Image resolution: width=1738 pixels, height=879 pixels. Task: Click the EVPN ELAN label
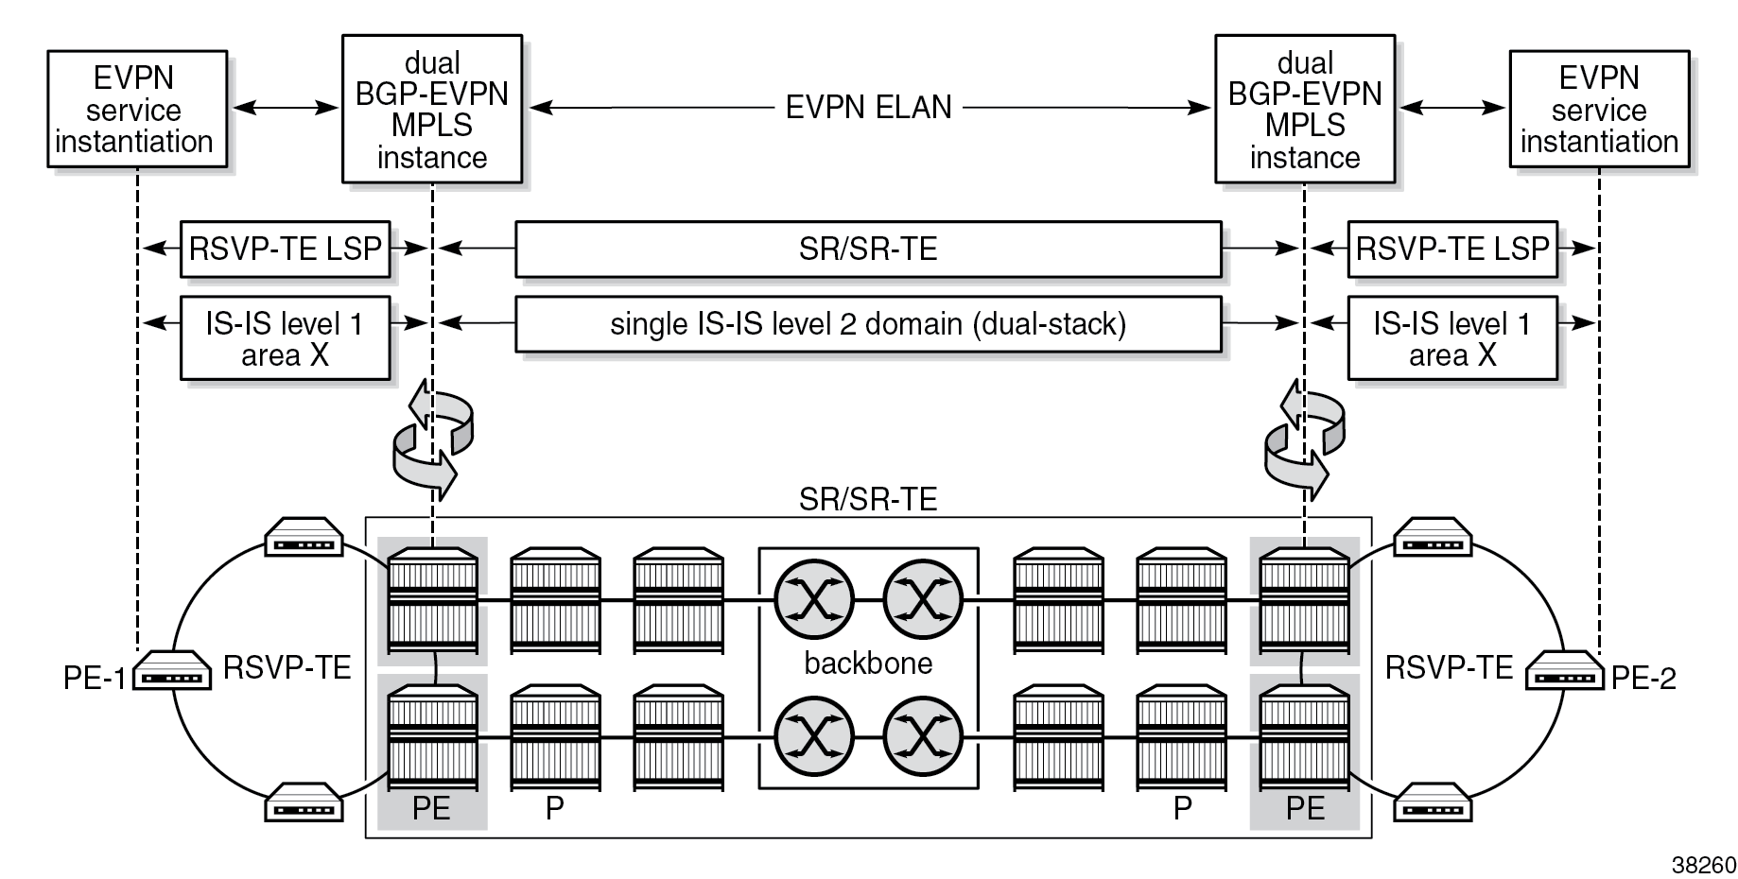click(x=868, y=108)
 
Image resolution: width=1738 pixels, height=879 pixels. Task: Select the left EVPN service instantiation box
click(x=137, y=110)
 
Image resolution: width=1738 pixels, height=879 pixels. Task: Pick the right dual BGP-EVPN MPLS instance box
click(x=1304, y=110)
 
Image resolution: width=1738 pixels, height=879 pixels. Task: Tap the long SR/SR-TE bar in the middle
click(x=868, y=250)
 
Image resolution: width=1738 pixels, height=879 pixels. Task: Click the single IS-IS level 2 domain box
click(x=868, y=324)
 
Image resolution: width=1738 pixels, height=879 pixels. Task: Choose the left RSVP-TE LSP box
click(x=285, y=250)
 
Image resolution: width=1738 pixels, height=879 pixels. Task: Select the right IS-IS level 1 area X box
click(x=1451, y=338)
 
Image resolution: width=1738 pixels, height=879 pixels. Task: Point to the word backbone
click(x=868, y=664)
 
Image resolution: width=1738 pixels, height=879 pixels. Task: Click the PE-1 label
click(x=94, y=679)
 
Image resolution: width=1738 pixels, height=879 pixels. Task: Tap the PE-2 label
click(x=1643, y=679)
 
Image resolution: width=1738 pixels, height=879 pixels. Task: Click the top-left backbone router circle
click(x=813, y=598)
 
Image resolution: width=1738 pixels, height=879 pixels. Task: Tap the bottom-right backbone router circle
click(x=923, y=736)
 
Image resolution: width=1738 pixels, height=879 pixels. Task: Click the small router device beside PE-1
click(x=171, y=671)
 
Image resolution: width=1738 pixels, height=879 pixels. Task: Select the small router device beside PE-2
click(x=1564, y=671)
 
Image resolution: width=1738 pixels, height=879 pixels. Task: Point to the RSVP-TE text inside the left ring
click(x=287, y=668)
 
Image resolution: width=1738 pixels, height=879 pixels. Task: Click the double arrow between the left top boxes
click(x=285, y=109)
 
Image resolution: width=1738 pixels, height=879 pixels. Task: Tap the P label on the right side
click(x=1182, y=808)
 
